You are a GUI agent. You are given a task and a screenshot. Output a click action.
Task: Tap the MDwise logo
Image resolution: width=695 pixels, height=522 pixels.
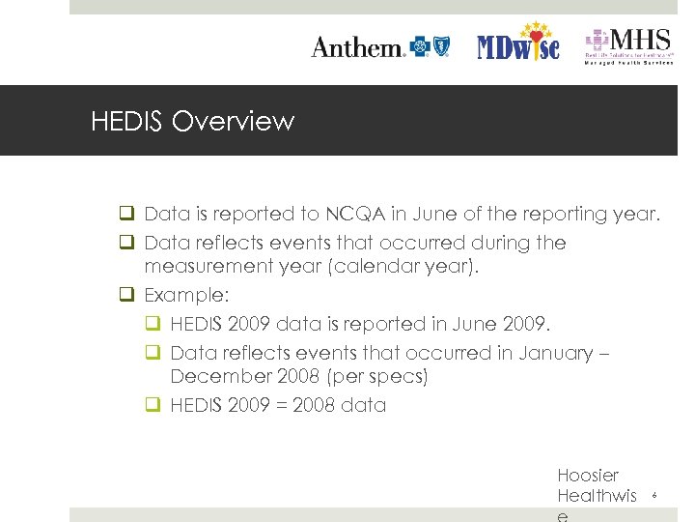[x=518, y=44]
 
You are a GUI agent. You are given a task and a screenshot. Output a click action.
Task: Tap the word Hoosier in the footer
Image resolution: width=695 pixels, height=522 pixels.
[x=588, y=475]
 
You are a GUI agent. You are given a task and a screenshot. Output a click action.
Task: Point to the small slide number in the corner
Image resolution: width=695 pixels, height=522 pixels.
[x=654, y=496]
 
